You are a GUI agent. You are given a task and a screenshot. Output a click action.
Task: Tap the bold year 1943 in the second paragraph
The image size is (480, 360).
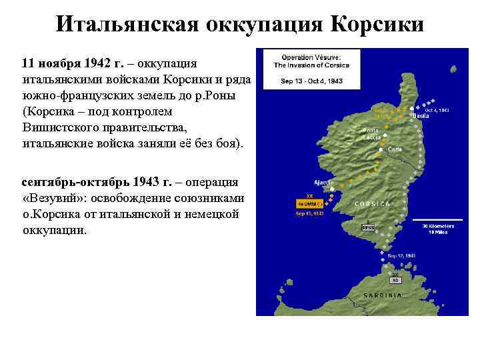pos(148,181)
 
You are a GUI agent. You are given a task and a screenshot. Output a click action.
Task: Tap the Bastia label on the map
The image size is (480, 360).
pos(421,116)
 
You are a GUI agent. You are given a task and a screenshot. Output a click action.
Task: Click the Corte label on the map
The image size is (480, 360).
pos(395,149)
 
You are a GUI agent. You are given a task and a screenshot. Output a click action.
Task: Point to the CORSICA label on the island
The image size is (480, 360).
pos(373,203)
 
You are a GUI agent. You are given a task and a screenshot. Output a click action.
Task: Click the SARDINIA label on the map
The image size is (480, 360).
pos(382,294)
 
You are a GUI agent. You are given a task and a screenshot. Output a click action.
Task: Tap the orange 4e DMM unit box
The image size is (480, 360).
pos(310,203)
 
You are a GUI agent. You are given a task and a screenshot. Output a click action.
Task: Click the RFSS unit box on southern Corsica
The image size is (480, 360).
pos(368,227)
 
